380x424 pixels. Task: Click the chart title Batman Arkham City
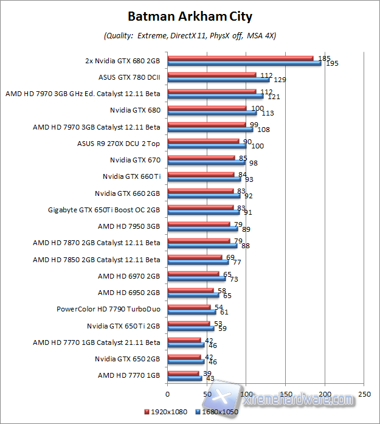(x=190, y=16)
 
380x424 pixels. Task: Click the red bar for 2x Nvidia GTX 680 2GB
(x=240, y=58)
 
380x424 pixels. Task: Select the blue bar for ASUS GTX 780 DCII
(x=218, y=80)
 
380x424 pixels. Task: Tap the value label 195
(x=332, y=63)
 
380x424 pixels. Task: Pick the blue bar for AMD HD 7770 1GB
(x=184, y=378)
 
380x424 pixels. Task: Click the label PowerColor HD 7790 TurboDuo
(x=108, y=308)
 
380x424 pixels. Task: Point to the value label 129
(x=280, y=80)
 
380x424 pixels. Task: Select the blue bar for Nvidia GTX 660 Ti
(x=204, y=179)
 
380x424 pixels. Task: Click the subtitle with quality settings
(x=190, y=35)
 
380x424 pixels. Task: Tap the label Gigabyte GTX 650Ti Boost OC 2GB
(x=104, y=210)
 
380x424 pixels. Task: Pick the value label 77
(x=237, y=262)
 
